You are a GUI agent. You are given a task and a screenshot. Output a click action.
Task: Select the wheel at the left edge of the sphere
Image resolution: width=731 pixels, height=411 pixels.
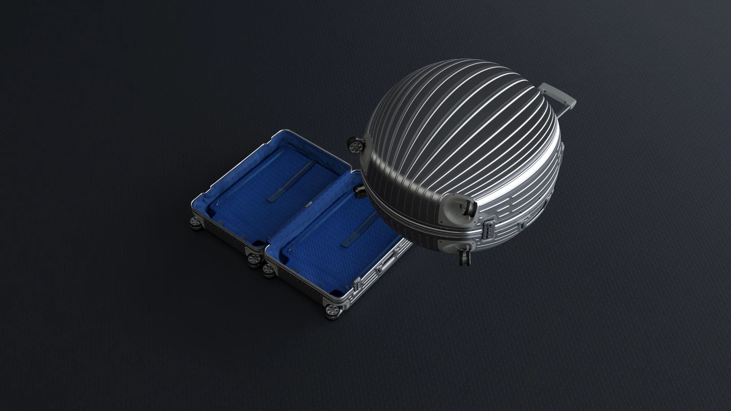[x=355, y=145]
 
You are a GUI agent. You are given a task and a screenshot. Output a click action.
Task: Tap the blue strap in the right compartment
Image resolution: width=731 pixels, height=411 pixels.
[x=358, y=234]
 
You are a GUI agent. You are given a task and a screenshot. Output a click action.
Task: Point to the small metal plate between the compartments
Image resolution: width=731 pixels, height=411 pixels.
[x=307, y=206]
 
